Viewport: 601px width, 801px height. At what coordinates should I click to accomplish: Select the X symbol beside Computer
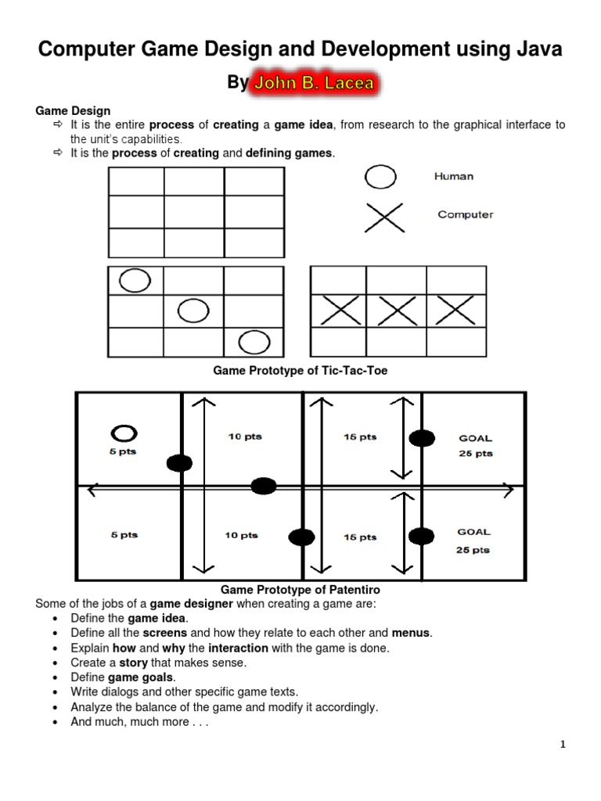click(384, 218)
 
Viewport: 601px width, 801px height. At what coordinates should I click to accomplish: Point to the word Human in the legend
click(454, 176)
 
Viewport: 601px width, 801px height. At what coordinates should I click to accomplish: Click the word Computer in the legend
click(465, 214)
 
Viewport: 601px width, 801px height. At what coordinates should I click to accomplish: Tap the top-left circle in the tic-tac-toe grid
click(135, 280)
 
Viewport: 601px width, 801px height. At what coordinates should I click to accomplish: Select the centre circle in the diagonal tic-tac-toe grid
click(193, 311)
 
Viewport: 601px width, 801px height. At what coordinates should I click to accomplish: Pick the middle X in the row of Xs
click(398, 311)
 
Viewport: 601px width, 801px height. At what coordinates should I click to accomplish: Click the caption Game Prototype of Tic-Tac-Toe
click(300, 371)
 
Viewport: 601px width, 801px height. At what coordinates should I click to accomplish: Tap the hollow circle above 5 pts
click(124, 433)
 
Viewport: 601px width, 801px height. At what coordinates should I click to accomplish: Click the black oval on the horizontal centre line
click(264, 487)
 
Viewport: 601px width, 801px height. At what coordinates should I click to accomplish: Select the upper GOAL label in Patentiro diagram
click(475, 439)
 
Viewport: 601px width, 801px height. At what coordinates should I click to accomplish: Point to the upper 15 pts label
click(360, 437)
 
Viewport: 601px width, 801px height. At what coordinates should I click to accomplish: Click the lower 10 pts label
click(242, 536)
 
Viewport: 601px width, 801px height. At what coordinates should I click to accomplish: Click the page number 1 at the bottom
click(562, 745)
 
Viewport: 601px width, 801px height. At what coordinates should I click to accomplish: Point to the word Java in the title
click(534, 50)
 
